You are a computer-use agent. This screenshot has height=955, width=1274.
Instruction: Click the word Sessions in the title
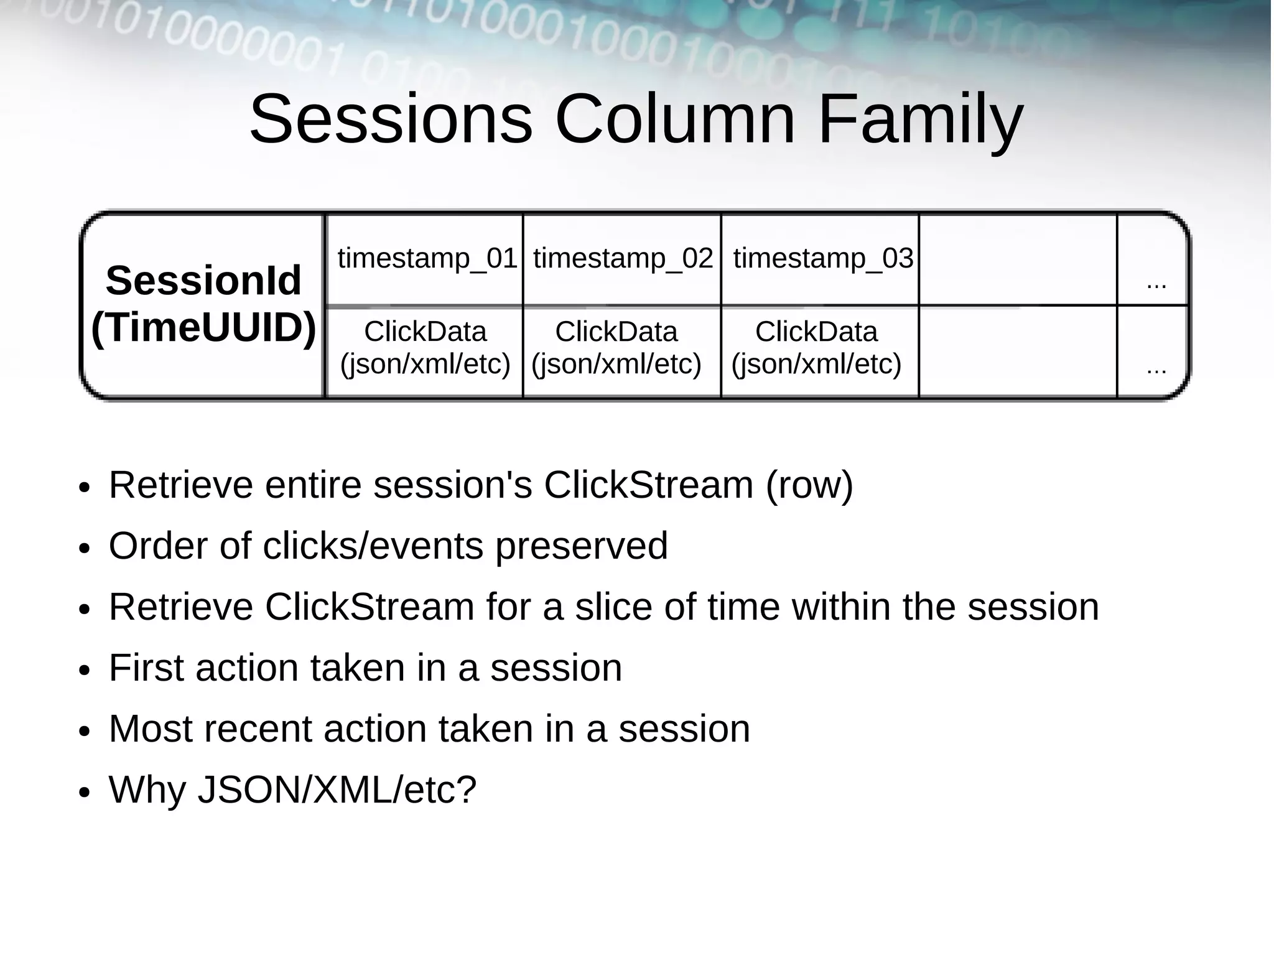pos(391,119)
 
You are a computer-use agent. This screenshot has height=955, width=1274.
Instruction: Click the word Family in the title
pos(920,119)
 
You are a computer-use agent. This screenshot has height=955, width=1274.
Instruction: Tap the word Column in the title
pos(674,119)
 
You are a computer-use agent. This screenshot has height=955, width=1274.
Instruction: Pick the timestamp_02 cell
pos(623,258)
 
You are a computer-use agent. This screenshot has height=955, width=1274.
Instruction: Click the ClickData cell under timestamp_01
pos(425,348)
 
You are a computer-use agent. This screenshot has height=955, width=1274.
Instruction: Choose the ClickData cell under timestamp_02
pos(616,348)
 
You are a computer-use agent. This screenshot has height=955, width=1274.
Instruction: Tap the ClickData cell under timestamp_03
pos(816,348)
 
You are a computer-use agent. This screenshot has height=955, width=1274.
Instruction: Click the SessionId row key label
pos(203,281)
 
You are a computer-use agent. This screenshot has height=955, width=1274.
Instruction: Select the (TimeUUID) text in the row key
pos(203,327)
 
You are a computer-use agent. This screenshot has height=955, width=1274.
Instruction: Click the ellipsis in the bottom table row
pos(1156,370)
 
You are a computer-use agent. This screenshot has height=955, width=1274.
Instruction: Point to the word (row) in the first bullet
pos(809,485)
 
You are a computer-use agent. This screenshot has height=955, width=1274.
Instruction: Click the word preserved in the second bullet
pos(581,546)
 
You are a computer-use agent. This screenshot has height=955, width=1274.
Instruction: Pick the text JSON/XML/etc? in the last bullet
pos(337,790)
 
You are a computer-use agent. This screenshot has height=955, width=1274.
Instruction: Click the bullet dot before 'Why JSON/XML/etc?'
pos(85,793)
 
